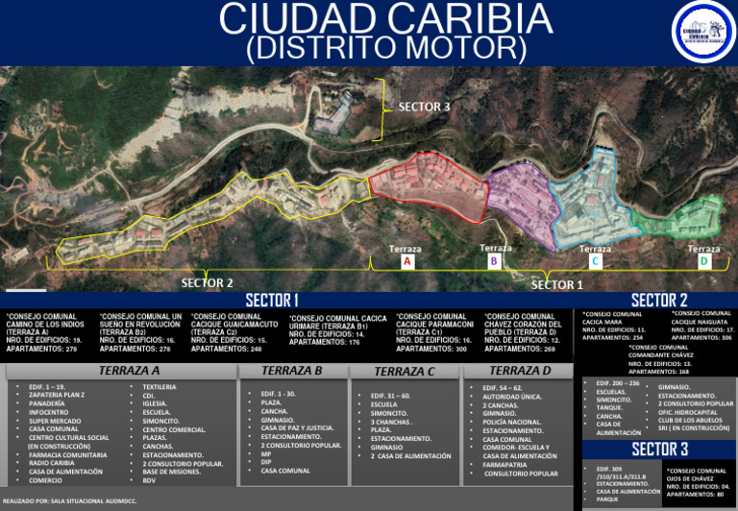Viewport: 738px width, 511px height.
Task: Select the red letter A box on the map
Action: [406, 261]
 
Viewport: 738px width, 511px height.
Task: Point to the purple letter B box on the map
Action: [494, 260]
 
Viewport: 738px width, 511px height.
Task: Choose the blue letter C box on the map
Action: [595, 261]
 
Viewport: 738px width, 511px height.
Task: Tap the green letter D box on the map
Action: [703, 261]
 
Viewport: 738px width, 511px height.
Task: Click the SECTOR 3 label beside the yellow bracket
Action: [424, 107]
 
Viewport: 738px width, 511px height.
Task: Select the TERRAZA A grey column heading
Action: [130, 371]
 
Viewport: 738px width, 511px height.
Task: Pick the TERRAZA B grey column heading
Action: [291, 371]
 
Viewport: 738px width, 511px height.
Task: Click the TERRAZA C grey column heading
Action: [405, 372]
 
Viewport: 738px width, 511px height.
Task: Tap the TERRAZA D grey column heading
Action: [520, 371]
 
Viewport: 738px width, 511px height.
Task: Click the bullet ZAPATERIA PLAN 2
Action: [57, 395]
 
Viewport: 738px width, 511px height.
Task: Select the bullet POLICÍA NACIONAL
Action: [512, 422]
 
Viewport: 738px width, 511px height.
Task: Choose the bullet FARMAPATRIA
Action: [505, 464]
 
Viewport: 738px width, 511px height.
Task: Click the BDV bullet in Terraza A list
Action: [149, 480]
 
